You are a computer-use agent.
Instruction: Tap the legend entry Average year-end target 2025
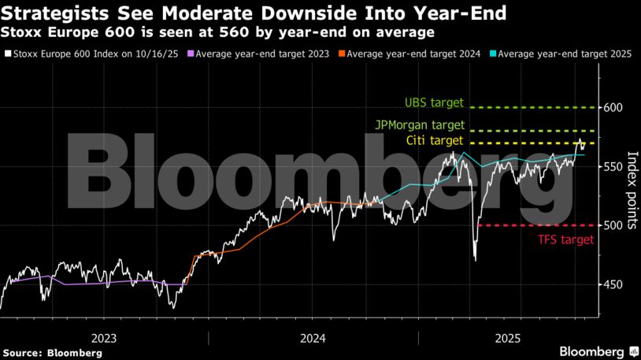(x=554, y=54)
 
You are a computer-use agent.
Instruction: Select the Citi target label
(x=433, y=141)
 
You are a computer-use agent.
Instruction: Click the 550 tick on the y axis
(x=614, y=167)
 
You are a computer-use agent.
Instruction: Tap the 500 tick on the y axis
(x=614, y=226)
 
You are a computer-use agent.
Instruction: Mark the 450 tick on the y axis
(x=614, y=285)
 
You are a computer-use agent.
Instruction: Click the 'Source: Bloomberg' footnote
(x=52, y=353)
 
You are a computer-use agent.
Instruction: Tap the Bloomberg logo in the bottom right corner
(x=597, y=351)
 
